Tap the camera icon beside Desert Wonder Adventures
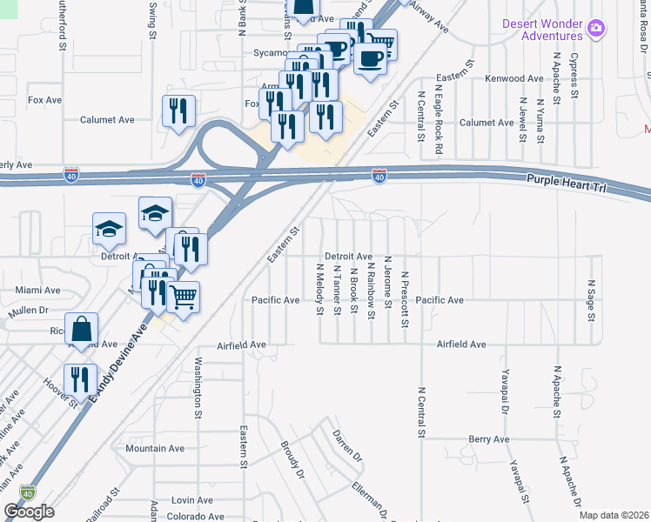596,28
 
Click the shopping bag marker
81,330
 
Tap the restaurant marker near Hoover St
80,380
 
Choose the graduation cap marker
155,213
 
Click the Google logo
29,512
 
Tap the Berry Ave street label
488,439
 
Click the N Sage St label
591,299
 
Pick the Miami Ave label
37,290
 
